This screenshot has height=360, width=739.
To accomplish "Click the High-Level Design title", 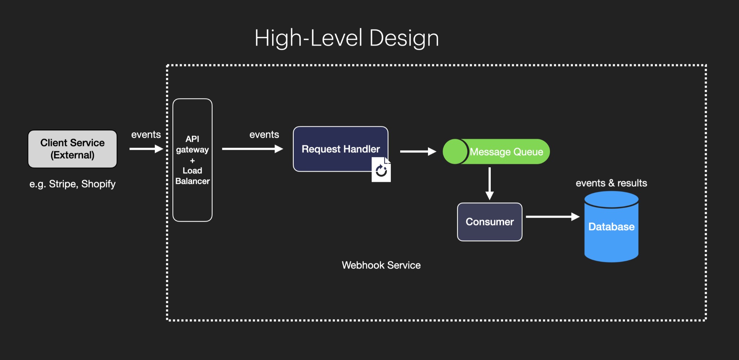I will (346, 38).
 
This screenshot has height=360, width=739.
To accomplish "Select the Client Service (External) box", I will (73, 149).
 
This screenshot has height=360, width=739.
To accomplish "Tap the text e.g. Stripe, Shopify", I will (73, 184).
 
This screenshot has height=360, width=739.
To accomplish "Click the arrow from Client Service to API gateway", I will (146, 149).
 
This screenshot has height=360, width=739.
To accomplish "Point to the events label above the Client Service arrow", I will (146, 135).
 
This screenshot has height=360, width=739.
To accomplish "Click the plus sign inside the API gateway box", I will (192, 160).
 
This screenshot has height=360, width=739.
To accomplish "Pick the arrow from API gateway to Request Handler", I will (252, 149).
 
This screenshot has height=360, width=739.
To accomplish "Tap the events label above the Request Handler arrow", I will (264, 135).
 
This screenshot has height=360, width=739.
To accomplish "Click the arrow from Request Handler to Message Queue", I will (418, 152).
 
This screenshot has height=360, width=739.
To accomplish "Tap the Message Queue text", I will (506, 152).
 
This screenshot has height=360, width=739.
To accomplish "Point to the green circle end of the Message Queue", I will (455, 152).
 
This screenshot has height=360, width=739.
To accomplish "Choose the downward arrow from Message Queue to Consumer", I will (490, 183).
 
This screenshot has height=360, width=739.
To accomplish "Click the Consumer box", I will (490, 222).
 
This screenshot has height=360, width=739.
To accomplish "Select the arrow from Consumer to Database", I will (552, 217).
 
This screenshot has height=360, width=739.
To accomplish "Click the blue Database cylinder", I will (611, 231).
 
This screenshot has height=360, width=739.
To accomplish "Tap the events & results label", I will (611, 183).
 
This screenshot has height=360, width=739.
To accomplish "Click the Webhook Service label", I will (381, 265).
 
